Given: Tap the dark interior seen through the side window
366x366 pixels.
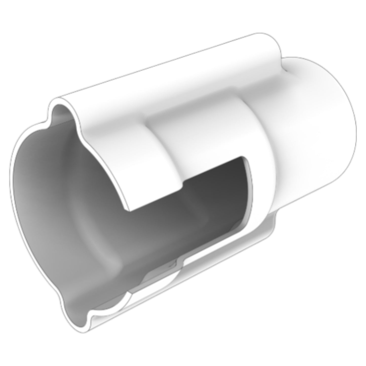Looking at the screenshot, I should (x=215, y=192).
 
